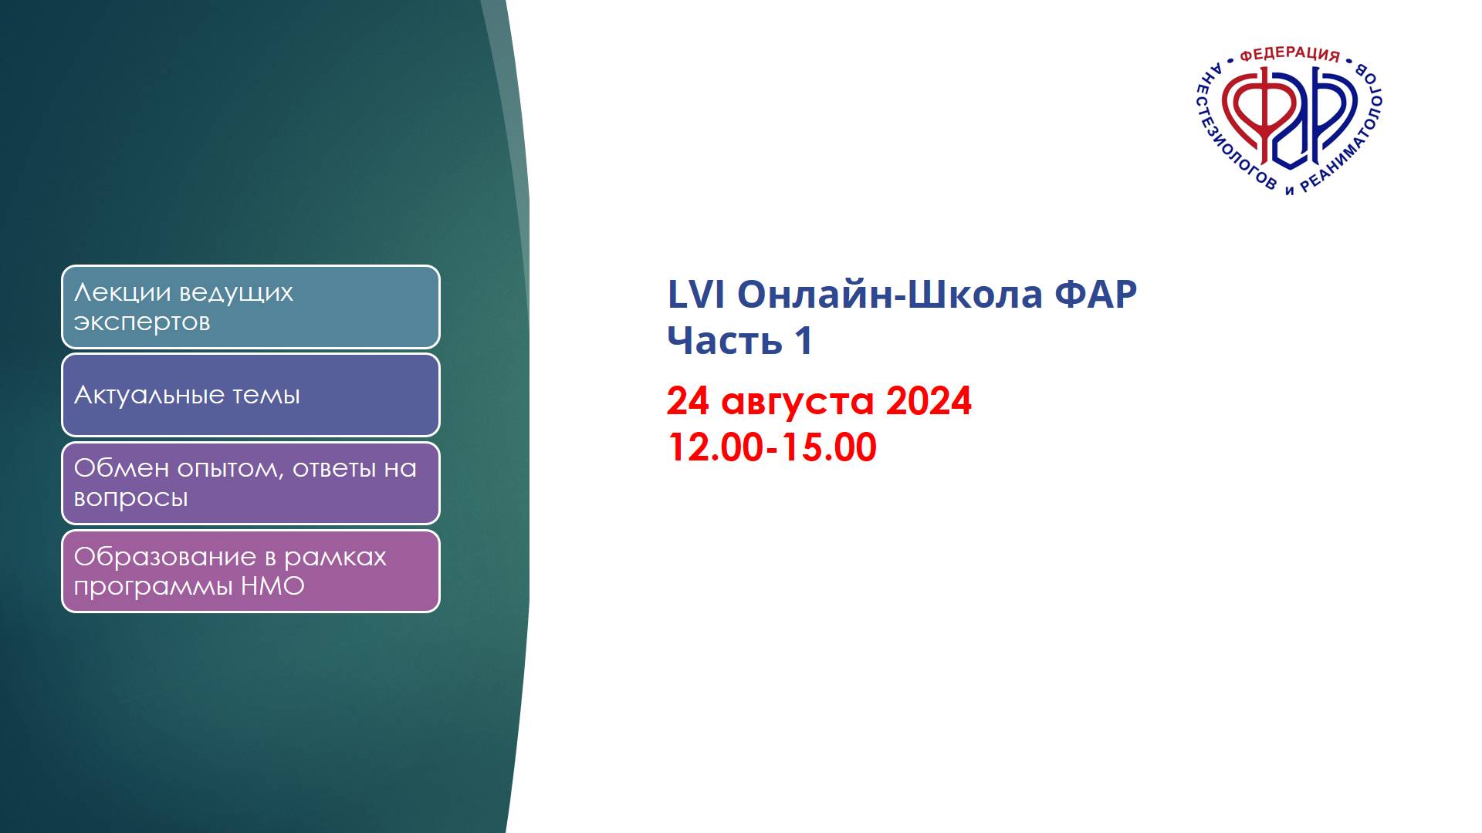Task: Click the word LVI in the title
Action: point(695,295)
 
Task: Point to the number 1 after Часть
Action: point(802,340)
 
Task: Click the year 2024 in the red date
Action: point(929,401)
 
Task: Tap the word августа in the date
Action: point(797,401)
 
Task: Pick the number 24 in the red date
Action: point(688,401)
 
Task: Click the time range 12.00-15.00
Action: point(771,447)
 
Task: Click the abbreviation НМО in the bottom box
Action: point(272,587)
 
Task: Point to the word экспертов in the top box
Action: point(142,322)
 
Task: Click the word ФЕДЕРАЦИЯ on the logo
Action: point(1289,55)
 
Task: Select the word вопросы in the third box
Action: point(130,498)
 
